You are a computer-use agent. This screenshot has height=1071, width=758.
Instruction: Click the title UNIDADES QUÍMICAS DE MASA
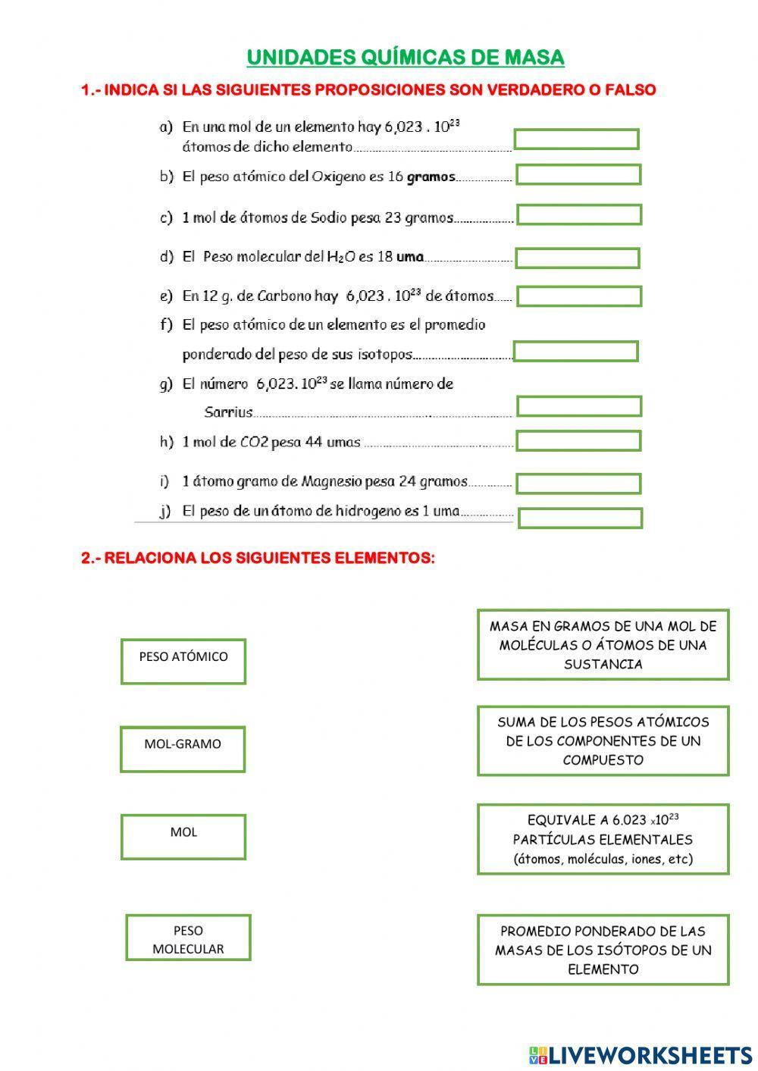click(x=406, y=58)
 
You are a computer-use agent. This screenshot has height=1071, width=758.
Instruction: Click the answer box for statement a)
click(x=576, y=139)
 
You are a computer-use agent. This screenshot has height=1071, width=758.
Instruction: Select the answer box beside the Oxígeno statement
click(x=578, y=175)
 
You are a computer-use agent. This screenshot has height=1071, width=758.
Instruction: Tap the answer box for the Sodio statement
click(x=579, y=215)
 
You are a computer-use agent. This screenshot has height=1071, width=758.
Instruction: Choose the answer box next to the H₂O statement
click(x=577, y=258)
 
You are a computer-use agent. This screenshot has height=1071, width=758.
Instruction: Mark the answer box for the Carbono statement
click(x=579, y=296)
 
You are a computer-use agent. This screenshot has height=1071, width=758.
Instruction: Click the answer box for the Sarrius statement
click(x=579, y=406)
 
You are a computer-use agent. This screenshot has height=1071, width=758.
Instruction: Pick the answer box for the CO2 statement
click(x=578, y=441)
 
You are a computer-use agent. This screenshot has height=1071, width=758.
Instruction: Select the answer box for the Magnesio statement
click(x=578, y=483)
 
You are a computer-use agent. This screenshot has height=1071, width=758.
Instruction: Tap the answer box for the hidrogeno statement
click(x=580, y=518)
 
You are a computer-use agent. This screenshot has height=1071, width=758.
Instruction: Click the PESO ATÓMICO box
click(x=183, y=661)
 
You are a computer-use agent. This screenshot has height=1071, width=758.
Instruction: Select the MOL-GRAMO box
click(x=183, y=749)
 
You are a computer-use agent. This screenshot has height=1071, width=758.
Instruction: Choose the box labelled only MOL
click(x=183, y=837)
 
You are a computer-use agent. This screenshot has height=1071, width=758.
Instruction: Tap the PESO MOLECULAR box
click(x=188, y=938)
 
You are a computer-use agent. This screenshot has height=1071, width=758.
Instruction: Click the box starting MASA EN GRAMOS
click(x=603, y=645)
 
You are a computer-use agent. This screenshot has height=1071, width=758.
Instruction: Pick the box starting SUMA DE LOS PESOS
click(x=603, y=741)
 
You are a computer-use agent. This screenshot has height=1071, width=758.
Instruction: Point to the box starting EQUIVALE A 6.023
click(x=603, y=839)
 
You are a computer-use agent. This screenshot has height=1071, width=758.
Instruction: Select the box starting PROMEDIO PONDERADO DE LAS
click(x=603, y=950)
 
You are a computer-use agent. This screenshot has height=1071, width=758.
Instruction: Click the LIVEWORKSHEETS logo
click(x=641, y=1054)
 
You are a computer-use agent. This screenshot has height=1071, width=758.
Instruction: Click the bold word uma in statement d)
click(x=410, y=257)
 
